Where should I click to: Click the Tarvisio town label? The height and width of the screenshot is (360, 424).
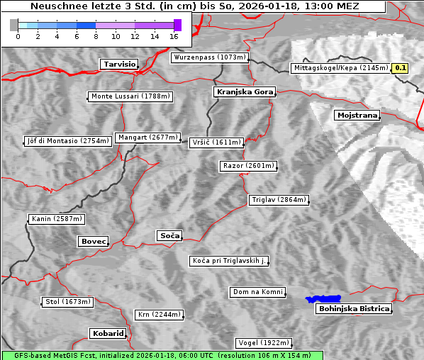pos(119,64)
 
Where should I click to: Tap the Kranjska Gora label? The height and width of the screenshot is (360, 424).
pos(243,92)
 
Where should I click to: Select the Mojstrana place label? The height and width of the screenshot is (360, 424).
pos(357,115)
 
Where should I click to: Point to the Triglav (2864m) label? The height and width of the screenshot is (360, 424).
pos(279,200)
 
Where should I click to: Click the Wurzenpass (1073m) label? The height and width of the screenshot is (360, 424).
pos(211,57)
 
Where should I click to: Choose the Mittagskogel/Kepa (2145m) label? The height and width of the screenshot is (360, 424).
pos(340,68)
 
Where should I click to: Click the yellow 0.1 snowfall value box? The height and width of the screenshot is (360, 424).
pos(401,68)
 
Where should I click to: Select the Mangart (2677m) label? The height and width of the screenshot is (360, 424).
pos(149,137)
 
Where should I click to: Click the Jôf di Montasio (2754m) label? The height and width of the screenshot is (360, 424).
pos(68,141)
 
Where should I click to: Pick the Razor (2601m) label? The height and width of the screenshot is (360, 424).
pos(248,166)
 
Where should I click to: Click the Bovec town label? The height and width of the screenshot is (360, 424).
pos(94,242)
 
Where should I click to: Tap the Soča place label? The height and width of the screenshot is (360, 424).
pos(169,235)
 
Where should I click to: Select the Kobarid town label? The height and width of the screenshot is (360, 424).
pos(108,333)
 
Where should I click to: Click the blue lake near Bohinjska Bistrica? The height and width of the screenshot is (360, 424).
pos(323,299)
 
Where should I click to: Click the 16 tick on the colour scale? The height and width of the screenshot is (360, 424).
pos(174,36)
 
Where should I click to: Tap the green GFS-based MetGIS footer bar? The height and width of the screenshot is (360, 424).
pos(162,355)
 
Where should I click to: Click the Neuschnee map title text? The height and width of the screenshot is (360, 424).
pos(194,6)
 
